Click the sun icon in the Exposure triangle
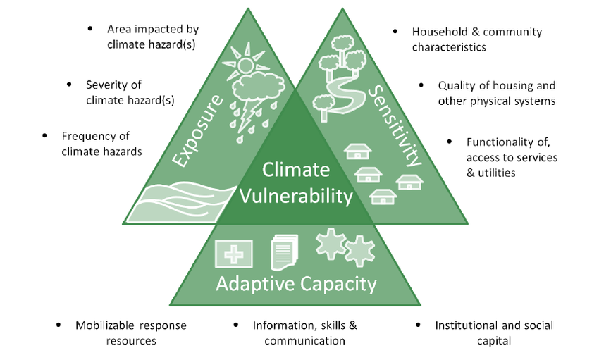click(x=244, y=65)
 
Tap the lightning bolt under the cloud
click(x=246, y=120)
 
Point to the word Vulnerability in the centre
click(x=296, y=196)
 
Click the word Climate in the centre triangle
click(x=296, y=170)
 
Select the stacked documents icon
click(x=284, y=252)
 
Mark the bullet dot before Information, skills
click(x=235, y=325)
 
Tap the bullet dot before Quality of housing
click(x=422, y=85)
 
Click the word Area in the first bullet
click(x=120, y=30)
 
